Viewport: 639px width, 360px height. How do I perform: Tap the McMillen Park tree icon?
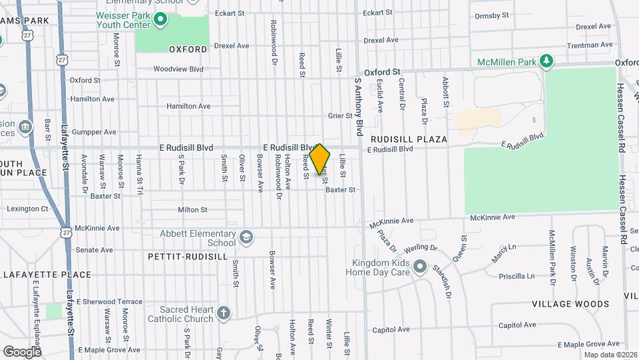click(546, 62)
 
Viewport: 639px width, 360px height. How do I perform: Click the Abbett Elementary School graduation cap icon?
click(246, 237)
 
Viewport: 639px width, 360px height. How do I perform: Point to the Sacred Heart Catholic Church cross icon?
click(224, 313)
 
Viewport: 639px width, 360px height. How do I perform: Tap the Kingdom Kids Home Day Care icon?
click(419, 267)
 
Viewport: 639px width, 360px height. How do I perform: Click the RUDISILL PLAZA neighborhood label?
click(409, 139)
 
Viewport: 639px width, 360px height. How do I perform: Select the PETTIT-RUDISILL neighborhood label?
click(188, 256)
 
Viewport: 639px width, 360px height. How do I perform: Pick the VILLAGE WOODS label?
click(570, 304)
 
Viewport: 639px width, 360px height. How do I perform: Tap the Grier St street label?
click(340, 115)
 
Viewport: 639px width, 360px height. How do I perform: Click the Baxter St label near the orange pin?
click(340, 190)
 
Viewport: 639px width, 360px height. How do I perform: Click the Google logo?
click(22, 351)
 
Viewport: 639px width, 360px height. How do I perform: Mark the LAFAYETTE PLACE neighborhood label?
click(47, 275)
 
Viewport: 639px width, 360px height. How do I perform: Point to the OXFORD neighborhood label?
click(188, 49)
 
